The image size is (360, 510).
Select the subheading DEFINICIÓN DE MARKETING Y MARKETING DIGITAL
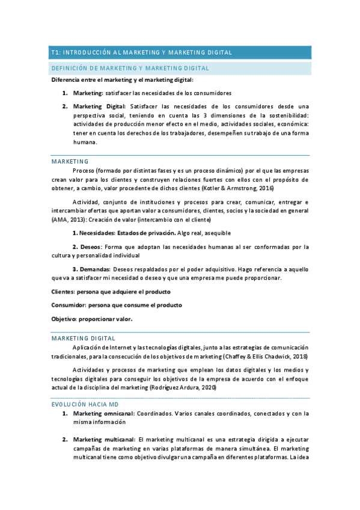tap(130, 69)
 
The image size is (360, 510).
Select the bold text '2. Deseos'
tap(87, 247)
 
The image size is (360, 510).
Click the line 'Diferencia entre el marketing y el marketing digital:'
tap(123, 80)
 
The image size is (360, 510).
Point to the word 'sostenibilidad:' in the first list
tap(284, 115)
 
